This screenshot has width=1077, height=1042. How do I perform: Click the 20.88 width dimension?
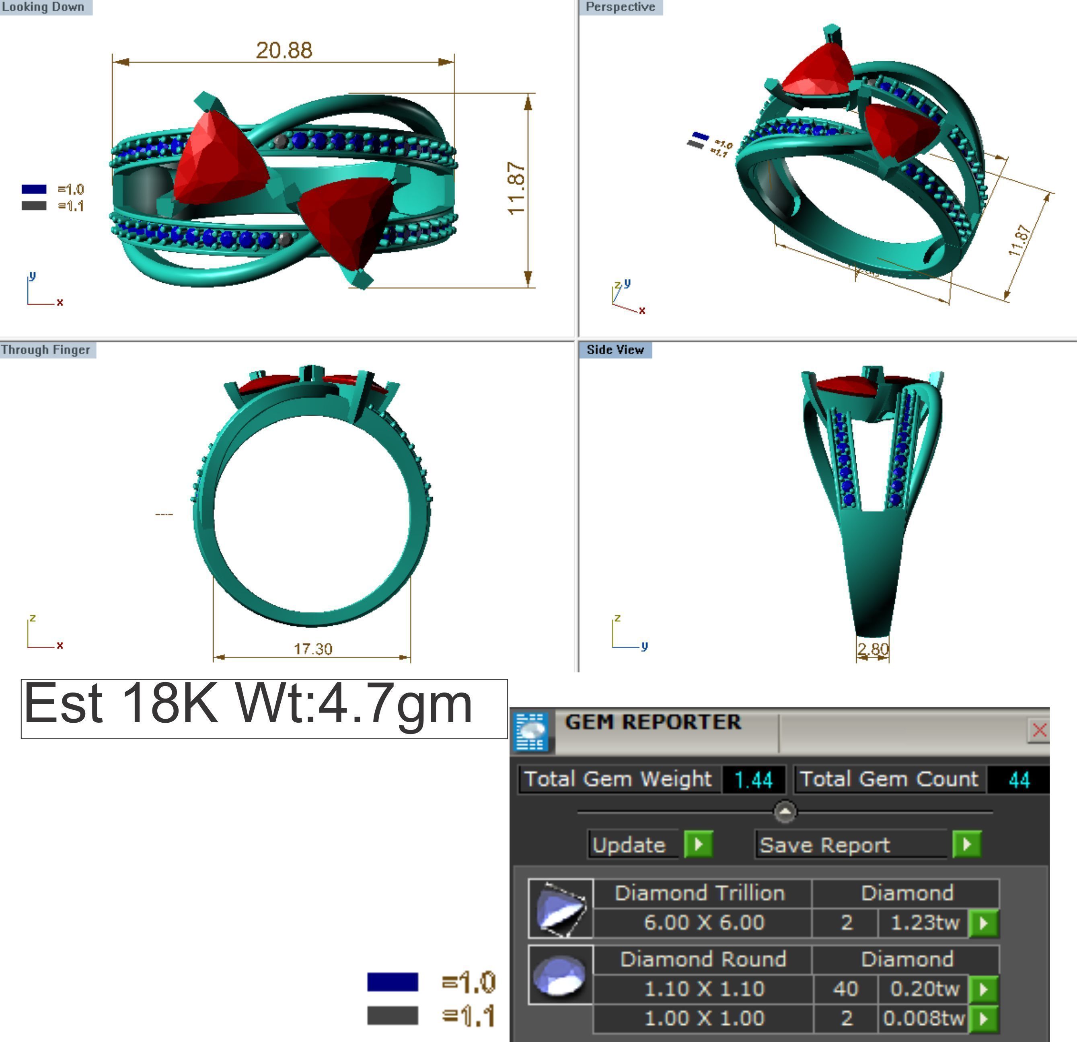point(284,51)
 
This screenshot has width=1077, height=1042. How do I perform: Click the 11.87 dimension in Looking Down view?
point(516,188)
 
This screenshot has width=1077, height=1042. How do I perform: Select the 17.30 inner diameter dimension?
point(312,649)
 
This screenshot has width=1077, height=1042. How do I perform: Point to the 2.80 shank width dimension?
point(873,649)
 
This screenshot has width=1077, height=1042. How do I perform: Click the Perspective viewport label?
point(621,7)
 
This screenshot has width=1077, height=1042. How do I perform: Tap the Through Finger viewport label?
point(46,350)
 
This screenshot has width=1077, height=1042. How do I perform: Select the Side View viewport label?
point(615,350)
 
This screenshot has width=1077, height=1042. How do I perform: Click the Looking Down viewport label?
point(43,7)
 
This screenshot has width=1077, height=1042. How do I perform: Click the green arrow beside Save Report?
point(966,844)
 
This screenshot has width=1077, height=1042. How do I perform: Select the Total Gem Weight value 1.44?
point(753,780)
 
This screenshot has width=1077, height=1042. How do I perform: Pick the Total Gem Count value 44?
point(1018,780)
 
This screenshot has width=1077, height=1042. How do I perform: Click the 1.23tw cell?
point(924,923)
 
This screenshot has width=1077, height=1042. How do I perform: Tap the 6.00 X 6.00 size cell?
point(703,923)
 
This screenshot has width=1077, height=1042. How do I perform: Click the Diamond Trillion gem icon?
point(561,908)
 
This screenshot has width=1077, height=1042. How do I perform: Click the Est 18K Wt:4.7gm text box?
point(264,708)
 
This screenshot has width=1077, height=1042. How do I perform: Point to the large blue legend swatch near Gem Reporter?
point(393,982)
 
